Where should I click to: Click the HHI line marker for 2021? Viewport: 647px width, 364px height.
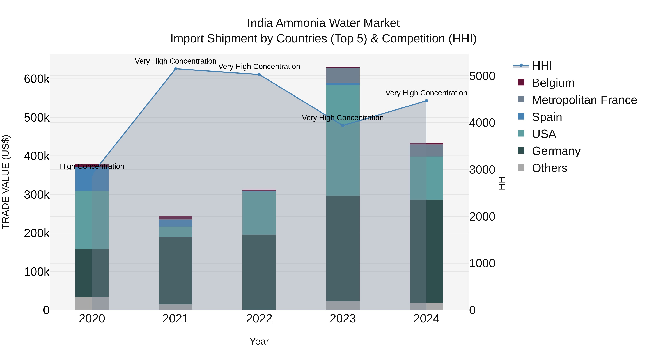click(176, 69)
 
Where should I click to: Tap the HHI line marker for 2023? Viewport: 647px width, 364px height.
click(343, 125)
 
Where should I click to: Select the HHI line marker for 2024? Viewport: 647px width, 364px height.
click(426, 101)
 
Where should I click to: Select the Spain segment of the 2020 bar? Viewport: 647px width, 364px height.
click(92, 179)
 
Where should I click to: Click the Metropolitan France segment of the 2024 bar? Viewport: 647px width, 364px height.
click(426, 150)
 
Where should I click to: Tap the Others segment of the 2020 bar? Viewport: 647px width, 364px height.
click(92, 303)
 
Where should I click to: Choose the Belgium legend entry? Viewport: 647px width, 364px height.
click(553, 83)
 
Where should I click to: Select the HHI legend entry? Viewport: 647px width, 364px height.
click(542, 66)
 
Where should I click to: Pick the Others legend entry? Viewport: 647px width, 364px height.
click(549, 168)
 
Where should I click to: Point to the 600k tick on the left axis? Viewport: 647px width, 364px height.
click(37, 79)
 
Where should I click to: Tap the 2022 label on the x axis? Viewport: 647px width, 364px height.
click(259, 319)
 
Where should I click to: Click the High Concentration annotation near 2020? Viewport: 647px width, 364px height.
click(92, 166)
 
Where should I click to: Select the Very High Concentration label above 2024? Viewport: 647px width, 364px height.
click(426, 93)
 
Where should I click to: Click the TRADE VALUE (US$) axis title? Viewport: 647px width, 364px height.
click(6, 182)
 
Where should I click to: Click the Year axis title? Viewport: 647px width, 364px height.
click(259, 341)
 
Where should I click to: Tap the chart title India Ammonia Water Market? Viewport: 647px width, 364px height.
click(323, 23)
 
